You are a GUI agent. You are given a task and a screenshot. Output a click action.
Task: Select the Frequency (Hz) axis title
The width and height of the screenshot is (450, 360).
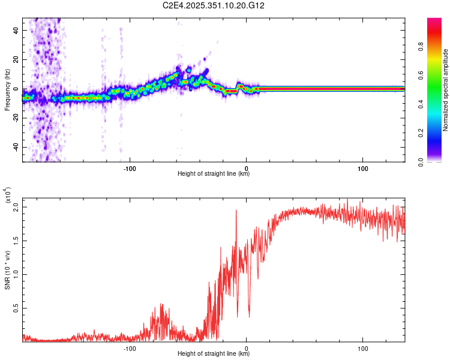click(x=7, y=89)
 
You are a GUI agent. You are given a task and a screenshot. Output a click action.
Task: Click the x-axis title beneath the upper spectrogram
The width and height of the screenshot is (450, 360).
click(x=214, y=174)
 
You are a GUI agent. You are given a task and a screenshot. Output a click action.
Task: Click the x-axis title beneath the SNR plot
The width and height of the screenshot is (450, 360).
click(x=214, y=355)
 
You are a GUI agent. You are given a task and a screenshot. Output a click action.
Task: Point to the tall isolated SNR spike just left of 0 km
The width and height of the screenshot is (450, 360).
click(x=236, y=211)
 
